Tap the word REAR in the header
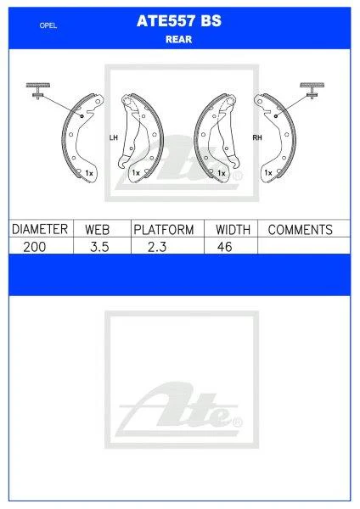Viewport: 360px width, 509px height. point(180,40)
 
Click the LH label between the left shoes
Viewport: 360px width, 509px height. point(113,137)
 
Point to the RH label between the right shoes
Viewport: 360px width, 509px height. point(256,137)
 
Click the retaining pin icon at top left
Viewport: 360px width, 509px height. point(38,89)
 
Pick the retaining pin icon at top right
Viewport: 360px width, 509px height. point(315,89)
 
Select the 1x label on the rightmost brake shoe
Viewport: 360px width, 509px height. point(268,173)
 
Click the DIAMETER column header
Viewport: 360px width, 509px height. point(38,229)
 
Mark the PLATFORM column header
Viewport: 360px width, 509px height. point(164,229)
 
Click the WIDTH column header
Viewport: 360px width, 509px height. point(232,229)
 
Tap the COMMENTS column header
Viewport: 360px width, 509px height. point(300,229)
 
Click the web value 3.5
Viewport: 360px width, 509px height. point(100,246)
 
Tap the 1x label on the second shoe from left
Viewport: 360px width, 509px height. point(136,173)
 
